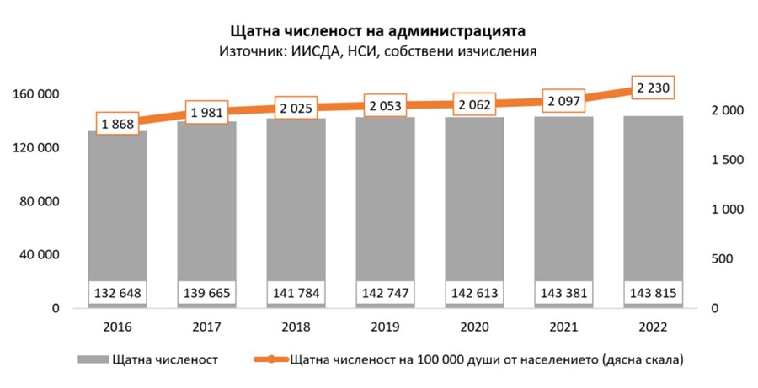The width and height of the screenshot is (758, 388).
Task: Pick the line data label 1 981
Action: [x=206, y=112]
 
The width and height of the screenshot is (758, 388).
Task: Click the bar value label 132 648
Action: [x=117, y=292]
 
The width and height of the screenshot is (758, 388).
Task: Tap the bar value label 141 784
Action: [x=296, y=292]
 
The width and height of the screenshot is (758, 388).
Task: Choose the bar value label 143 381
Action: [x=563, y=292]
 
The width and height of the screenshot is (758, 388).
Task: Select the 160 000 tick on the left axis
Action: [x=35, y=94]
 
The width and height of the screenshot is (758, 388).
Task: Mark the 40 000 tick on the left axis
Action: [x=39, y=255]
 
